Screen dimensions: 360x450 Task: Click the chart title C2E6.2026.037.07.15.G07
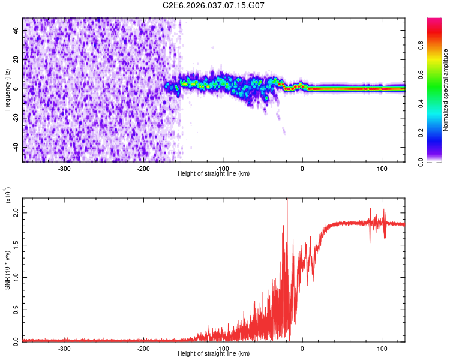click(x=214, y=5)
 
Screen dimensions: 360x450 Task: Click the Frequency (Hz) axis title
click(x=7, y=89)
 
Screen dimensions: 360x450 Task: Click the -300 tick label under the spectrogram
click(x=64, y=168)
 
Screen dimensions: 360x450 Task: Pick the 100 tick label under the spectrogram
click(x=382, y=168)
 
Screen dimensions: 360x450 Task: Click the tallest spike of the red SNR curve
click(x=287, y=199)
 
